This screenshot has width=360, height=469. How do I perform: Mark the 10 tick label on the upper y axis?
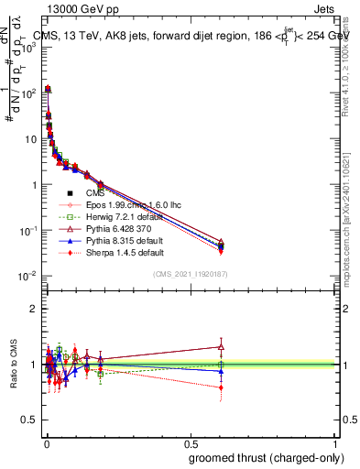point(28,139)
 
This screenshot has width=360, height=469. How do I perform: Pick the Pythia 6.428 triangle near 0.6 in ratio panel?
point(221,346)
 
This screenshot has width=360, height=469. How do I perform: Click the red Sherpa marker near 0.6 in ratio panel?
point(221,387)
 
